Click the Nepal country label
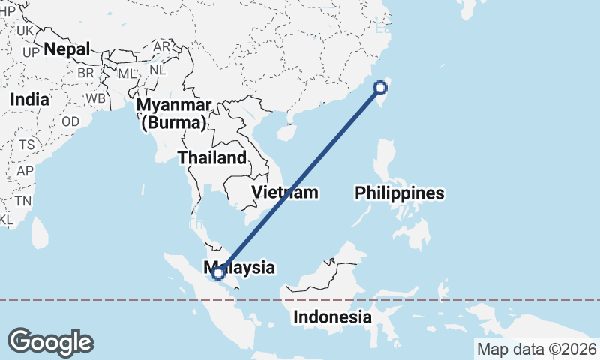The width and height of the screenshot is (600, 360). [x=67, y=49]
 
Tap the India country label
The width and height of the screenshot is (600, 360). [x=30, y=99]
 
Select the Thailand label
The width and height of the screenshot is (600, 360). [x=212, y=157]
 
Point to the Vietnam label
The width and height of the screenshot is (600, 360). [x=284, y=193]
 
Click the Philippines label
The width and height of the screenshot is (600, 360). [x=400, y=193]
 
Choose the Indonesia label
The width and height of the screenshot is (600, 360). [x=332, y=316]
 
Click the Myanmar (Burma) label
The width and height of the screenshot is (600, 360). [x=173, y=113]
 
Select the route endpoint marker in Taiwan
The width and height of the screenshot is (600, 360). [x=380, y=88]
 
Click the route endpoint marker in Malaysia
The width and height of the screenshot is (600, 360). [x=218, y=274]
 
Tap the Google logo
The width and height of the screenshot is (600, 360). [x=50, y=342]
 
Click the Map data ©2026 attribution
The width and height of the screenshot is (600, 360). [x=536, y=349]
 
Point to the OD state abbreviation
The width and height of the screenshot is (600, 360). [x=70, y=121]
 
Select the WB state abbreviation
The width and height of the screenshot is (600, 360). [x=95, y=98]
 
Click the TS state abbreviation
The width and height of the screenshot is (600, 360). [x=27, y=145]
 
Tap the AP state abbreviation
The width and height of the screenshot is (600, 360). [x=25, y=171]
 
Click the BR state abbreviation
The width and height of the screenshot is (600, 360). [x=85, y=73]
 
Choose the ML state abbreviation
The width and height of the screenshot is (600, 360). [x=127, y=73]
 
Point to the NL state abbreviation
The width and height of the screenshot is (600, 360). [x=157, y=70]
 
